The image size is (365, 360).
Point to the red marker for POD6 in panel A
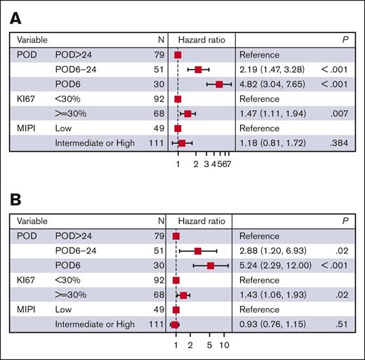point(220,84)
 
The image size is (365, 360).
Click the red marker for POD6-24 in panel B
point(198,251)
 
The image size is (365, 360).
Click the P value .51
point(344,324)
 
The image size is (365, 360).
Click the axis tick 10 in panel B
point(224,346)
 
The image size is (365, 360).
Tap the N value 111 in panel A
point(155,143)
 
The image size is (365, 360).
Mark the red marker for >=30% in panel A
point(187,113)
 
